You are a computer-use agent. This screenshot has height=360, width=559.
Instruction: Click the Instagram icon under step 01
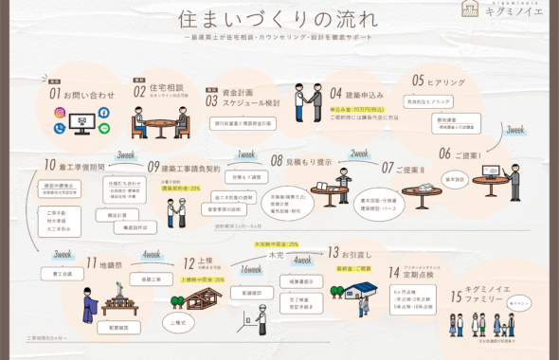coord(60,113)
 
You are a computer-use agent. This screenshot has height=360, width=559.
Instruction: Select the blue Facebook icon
coord(103,113)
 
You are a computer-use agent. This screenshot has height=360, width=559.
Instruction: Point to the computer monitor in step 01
coord(81,123)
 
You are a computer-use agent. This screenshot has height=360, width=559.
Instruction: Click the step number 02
coord(139,93)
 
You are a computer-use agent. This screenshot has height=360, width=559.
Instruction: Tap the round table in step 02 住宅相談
coord(155,124)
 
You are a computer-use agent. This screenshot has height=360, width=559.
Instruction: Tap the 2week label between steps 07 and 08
coord(360,153)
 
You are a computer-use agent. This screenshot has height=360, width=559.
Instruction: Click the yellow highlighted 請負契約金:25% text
coord(181,189)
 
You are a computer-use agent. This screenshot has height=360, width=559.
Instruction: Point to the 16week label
coord(251,269)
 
